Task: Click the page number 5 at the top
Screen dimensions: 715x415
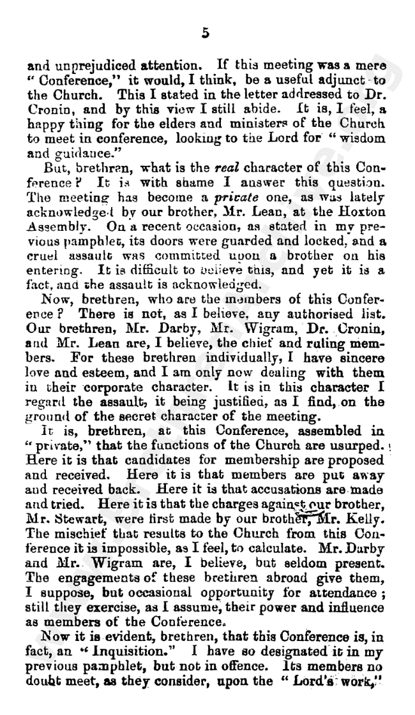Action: pos(206,35)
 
